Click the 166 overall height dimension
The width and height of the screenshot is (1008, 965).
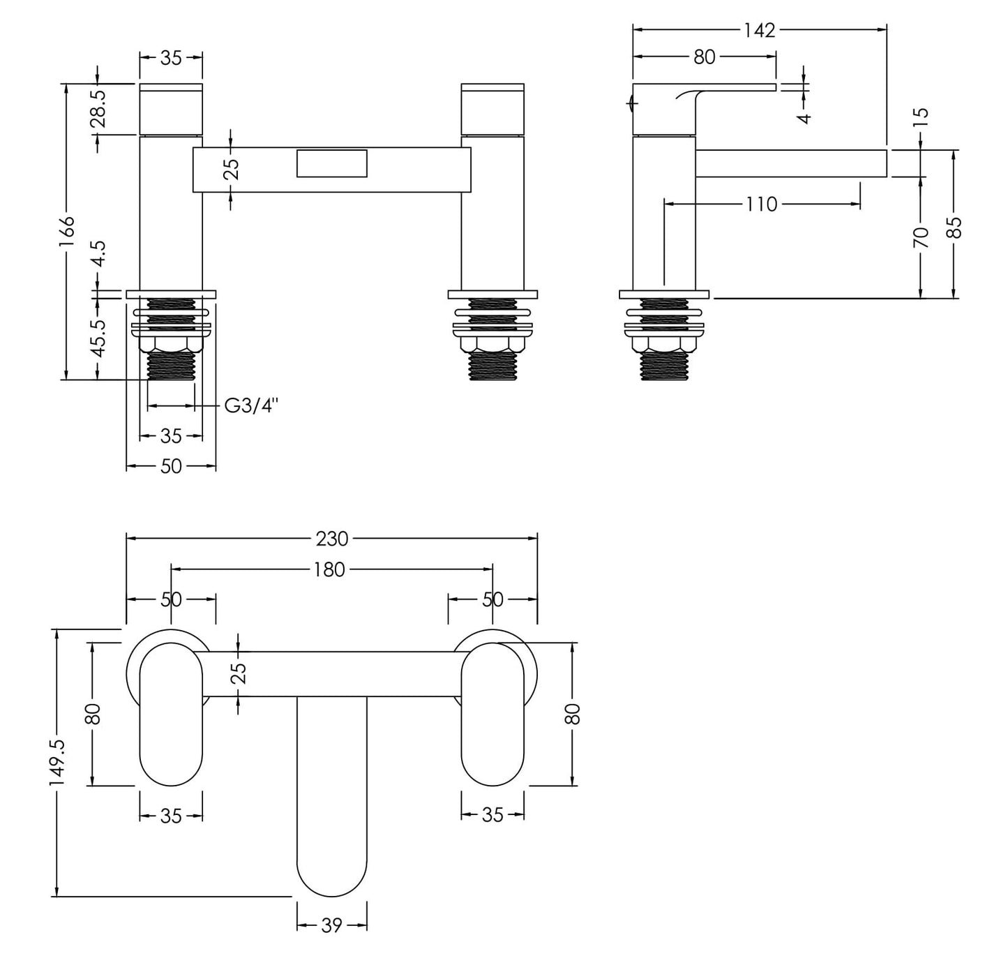coord(66,230)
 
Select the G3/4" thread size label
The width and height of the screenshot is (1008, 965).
coord(251,405)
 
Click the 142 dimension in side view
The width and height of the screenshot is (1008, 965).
coord(759,30)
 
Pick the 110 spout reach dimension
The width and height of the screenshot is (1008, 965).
coord(760,204)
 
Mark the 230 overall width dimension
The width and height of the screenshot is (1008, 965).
coord(331,539)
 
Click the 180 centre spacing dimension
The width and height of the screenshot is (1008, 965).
coord(329,570)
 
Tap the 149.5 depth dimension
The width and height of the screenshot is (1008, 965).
coord(57,764)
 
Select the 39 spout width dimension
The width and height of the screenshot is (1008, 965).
coord(331,925)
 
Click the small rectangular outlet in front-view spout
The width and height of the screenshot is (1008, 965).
coord(331,163)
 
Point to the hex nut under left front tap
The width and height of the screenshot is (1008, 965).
coord(171,344)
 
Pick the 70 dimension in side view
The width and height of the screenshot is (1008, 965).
coord(921,237)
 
